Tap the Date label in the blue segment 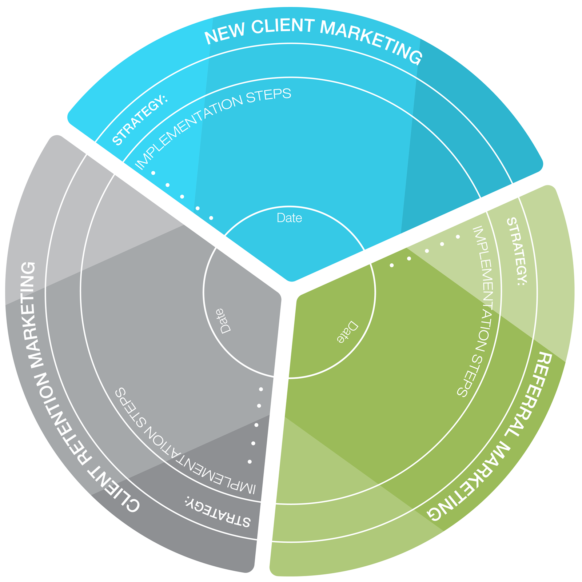[289, 218]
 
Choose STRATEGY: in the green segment [517, 251]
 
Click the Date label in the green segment [347, 332]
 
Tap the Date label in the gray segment [223, 321]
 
